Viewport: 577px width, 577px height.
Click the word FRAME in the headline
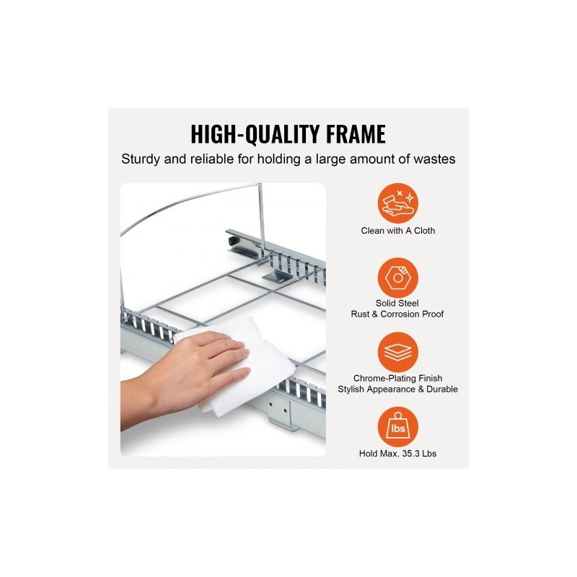[x=356, y=134]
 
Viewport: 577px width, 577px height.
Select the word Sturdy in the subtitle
[x=140, y=159]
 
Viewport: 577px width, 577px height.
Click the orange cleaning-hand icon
[x=398, y=203]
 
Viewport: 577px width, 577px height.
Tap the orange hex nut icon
[x=398, y=278]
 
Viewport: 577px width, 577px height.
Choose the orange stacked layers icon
[x=398, y=352]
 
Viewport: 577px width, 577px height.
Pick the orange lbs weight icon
[x=398, y=427]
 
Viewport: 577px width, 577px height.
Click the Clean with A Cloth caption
[x=398, y=231]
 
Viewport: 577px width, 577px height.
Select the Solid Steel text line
[x=397, y=303]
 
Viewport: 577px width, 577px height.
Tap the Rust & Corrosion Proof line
[x=397, y=314]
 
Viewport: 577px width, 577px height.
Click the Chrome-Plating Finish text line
[x=398, y=378]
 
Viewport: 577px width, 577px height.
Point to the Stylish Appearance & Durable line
[x=398, y=389]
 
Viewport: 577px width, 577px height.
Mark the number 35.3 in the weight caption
[x=410, y=454]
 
